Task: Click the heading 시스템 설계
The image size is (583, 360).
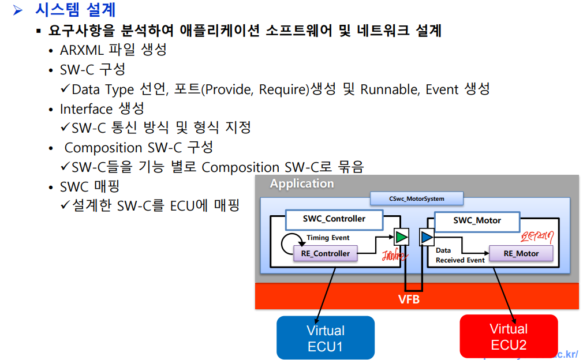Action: (75, 10)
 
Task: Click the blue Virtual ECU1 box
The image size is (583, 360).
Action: (326, 338)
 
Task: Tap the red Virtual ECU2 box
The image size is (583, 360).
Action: (509, 336)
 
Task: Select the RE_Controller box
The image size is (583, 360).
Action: (326, 253)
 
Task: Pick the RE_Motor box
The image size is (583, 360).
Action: (521, 253)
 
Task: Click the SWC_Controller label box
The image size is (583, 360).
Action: (334, 219)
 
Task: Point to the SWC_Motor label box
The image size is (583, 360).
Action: (477, 220)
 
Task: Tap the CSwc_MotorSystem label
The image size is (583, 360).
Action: (416, 199)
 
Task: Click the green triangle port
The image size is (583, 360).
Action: (401, 237)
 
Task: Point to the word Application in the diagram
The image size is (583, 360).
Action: (302, 183)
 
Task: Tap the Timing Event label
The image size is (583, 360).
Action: (328, 238)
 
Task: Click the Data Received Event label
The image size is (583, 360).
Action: (459, 256)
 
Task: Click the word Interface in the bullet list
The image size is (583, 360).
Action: (86, 109)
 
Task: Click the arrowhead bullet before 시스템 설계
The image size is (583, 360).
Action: (18, 10)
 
